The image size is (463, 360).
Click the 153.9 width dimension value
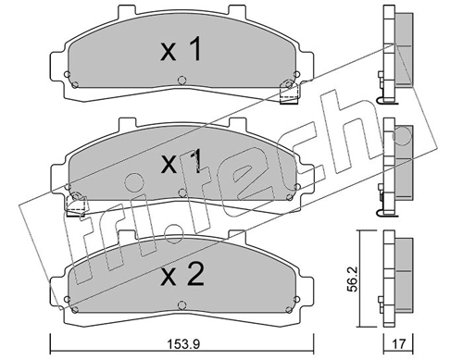(183, 344)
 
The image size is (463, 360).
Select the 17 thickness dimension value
(398, 343)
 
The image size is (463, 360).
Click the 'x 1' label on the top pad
(181, 49)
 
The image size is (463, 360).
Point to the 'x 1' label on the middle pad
(181, 161)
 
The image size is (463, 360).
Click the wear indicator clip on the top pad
(289, 93)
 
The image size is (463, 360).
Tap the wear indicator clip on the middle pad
(76, 205)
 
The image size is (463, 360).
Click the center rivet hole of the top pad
(182, 81)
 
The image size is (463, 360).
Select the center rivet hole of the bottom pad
(182, 305)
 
